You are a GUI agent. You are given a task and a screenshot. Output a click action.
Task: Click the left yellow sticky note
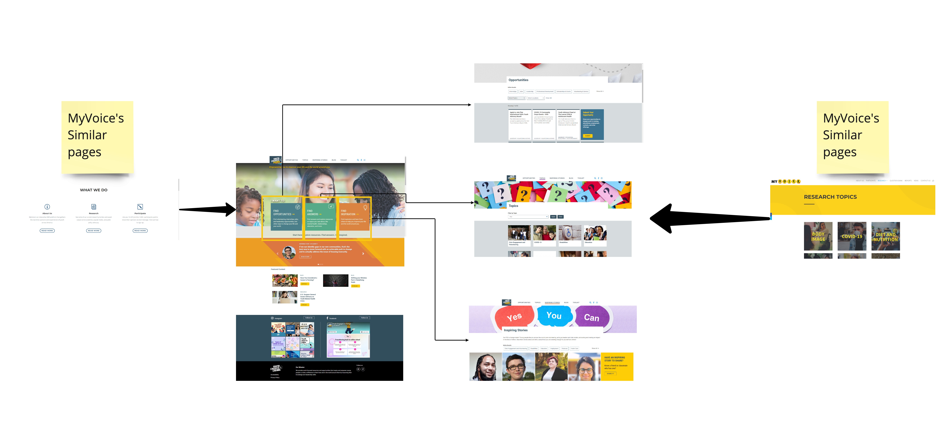pos(97,137)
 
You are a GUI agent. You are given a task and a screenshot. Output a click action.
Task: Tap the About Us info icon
pos(47,207)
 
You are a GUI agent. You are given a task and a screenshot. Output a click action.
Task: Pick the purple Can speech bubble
pos(591,317)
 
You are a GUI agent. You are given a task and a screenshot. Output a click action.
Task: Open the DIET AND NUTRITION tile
pos(885,237)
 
